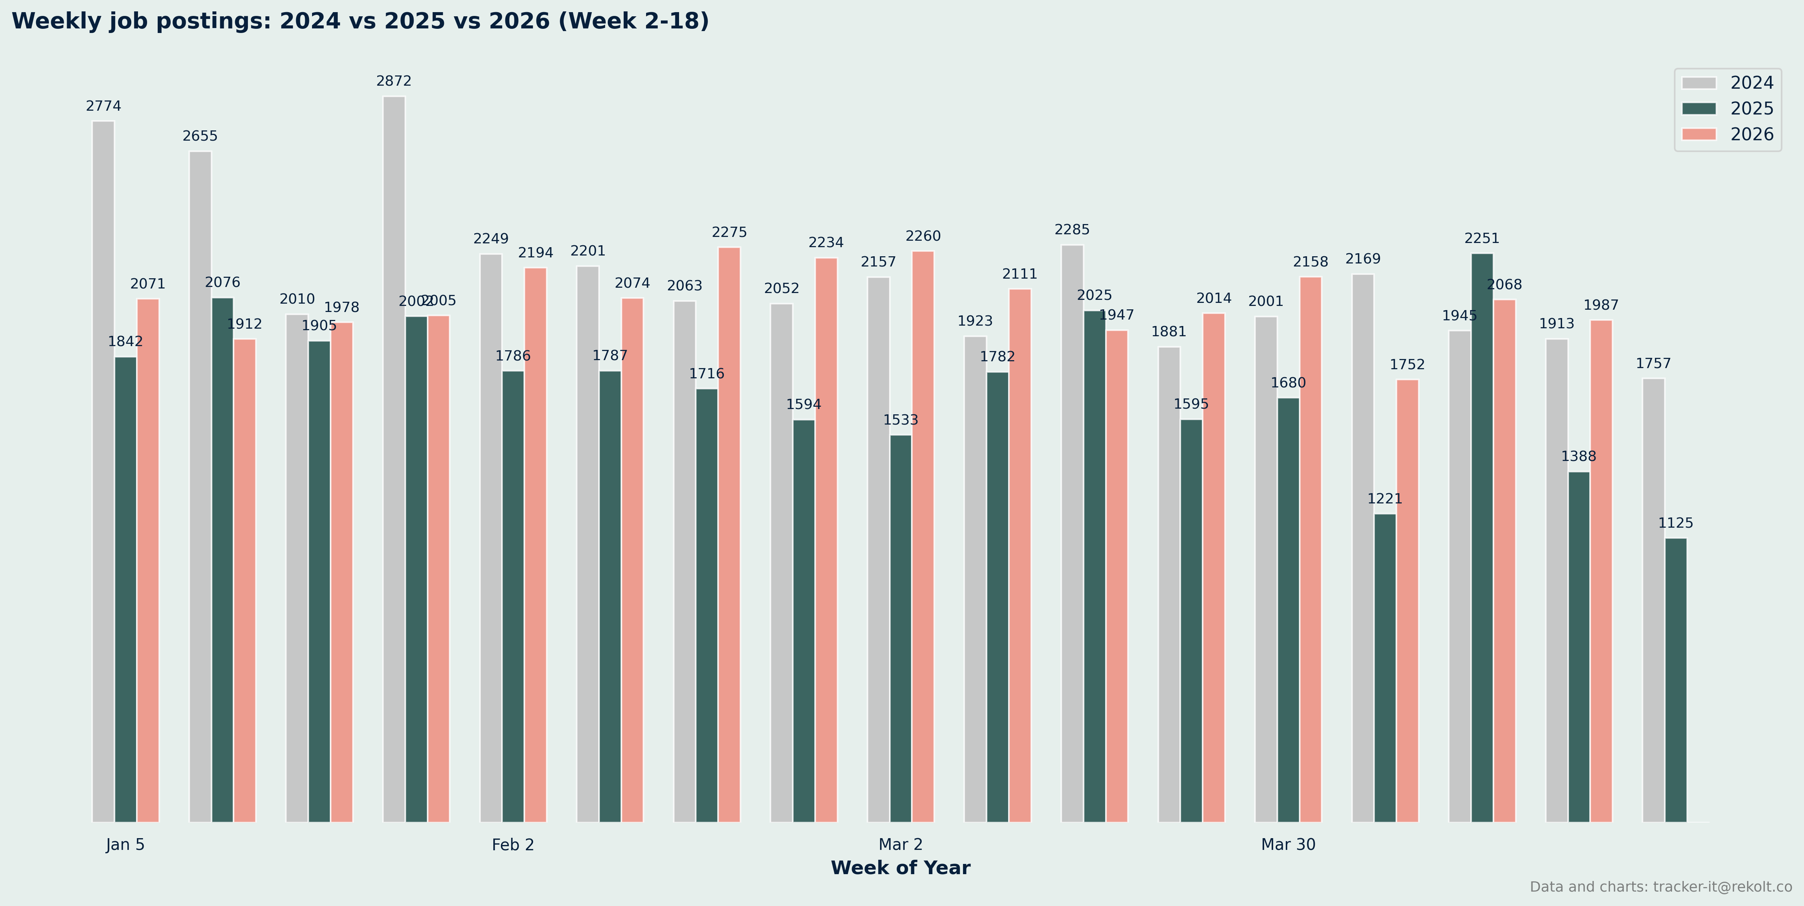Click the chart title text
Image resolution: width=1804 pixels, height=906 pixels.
click(x=360, y=21)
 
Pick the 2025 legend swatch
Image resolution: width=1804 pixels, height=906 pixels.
click(x=1699, y=108)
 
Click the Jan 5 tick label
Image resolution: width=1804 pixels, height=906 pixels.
click(x=125, y=844)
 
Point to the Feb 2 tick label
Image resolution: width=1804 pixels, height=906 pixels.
click(x=513, y=844)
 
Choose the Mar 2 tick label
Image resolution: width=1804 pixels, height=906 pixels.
click(x=900, y=844)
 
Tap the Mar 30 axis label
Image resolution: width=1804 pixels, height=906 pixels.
click(x=1288, y=844)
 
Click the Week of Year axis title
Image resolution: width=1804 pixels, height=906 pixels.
click(x=900, y=868)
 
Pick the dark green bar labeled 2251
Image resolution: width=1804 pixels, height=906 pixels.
click(x=1482, y=537)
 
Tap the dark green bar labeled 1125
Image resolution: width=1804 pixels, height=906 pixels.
click(x=1676, y=679)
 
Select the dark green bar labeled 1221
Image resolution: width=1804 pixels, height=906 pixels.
click(x=1385, y=667)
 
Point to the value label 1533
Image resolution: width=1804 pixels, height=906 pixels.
click(x=900, y=420)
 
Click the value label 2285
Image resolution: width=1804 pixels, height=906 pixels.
click(x=1072, y=230)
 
